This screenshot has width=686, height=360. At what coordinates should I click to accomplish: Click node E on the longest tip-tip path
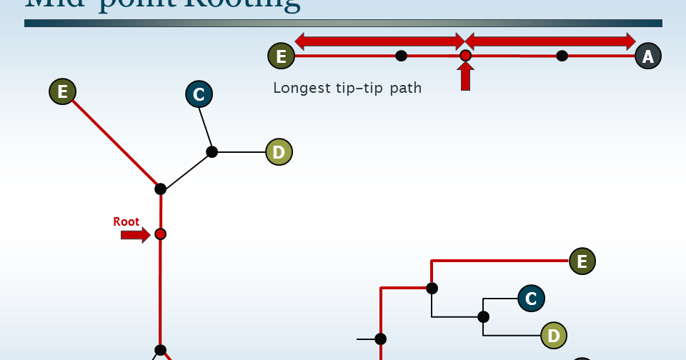[281, 56]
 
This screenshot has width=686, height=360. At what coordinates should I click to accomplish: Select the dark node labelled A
[647, 56]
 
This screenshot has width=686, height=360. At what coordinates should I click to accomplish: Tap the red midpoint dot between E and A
[465, 56]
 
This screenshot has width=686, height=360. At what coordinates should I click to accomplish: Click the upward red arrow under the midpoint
[465, 76]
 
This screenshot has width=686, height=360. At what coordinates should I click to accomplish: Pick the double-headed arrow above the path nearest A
[550, 41]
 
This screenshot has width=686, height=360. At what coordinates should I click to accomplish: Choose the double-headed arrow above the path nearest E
[379, 41]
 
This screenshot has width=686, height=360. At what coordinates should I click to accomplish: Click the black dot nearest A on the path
[562, 56]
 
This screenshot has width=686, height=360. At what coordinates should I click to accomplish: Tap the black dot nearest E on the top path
[402, 56]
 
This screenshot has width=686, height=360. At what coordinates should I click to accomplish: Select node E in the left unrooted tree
[63, 91]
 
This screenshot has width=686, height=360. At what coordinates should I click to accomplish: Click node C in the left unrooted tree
[199, 94]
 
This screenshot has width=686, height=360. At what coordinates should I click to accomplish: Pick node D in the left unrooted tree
[279, 151]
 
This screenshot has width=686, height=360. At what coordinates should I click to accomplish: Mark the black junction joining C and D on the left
[212, 151]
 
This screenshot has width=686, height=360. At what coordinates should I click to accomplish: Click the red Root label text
[126, 221]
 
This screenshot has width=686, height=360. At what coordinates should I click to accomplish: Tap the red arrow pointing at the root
[135, 234]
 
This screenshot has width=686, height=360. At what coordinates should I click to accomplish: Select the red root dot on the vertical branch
[160, 234]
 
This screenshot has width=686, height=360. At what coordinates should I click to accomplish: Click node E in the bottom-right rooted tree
[582, 261]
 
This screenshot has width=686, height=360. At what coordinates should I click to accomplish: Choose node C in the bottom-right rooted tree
[530, 298]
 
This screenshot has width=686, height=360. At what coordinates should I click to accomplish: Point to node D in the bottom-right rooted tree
[553, 334]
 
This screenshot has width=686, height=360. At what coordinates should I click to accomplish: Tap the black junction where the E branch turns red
[432, 288]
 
